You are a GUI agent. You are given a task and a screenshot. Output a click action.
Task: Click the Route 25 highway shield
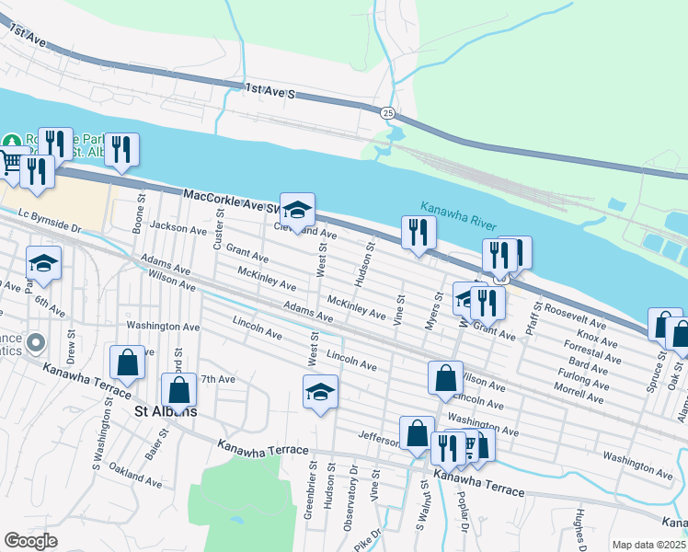pos(388,112)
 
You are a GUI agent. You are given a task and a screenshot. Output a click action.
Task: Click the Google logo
pos(30,541)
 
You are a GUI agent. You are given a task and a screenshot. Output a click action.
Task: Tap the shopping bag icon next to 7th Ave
pos(179,390)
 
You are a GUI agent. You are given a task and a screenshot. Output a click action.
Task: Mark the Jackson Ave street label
pos(179,226)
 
